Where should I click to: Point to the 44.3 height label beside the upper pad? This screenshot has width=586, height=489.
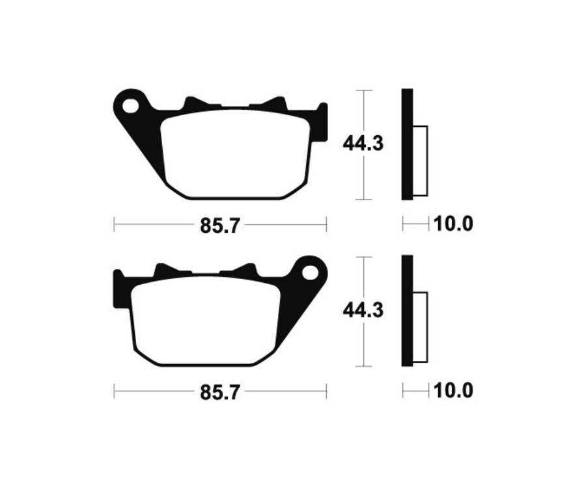click(363, 144)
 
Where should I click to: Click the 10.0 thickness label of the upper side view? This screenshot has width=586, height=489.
click(453, 225)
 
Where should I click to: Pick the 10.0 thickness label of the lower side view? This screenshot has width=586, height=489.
click(453, 391)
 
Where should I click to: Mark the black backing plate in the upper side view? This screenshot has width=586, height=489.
click(407, 144)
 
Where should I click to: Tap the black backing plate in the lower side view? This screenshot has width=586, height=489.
click(407, 311)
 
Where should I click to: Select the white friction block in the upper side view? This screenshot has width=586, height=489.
click(421, 161)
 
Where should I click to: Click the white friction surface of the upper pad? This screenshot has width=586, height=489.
click(234, 153)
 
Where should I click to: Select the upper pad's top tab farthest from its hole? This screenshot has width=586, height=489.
click(273, 104)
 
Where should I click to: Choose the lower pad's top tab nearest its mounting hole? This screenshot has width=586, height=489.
click(245, 271)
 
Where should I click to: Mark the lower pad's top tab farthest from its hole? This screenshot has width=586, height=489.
click(166, 271)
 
